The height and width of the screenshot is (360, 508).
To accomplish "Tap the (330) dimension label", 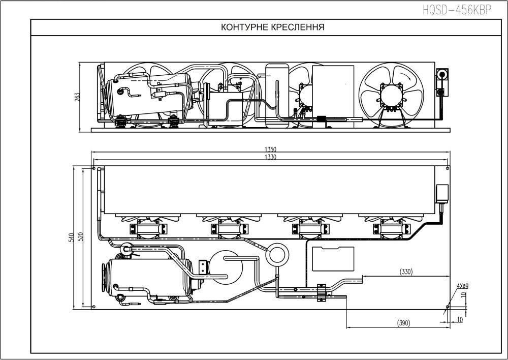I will [406, 272].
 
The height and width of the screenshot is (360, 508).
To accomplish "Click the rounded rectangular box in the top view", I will [333, 258].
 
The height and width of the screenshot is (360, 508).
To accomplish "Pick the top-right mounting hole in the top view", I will [447, 168].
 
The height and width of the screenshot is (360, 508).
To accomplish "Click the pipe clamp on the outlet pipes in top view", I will [321, 292].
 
